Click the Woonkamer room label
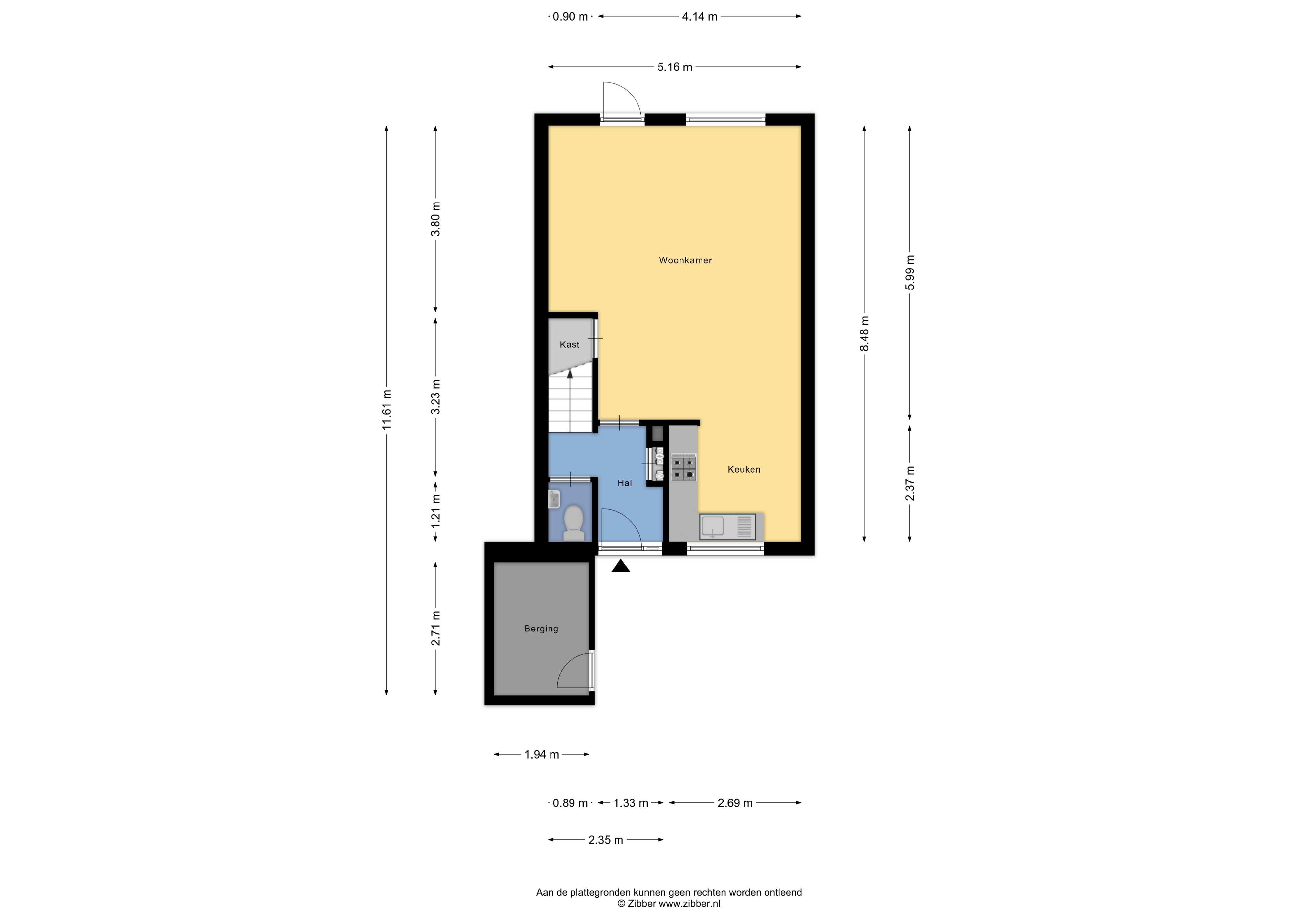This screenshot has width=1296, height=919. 685,260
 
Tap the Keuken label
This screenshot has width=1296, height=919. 744,469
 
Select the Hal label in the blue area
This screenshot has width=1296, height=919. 625,483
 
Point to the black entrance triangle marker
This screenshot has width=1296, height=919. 621,566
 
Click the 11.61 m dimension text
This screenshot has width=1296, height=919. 387,410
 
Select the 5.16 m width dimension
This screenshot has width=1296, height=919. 675,67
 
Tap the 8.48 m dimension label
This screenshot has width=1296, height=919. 864,333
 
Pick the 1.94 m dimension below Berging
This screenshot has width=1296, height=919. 542,754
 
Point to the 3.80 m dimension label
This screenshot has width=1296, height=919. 435,219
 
